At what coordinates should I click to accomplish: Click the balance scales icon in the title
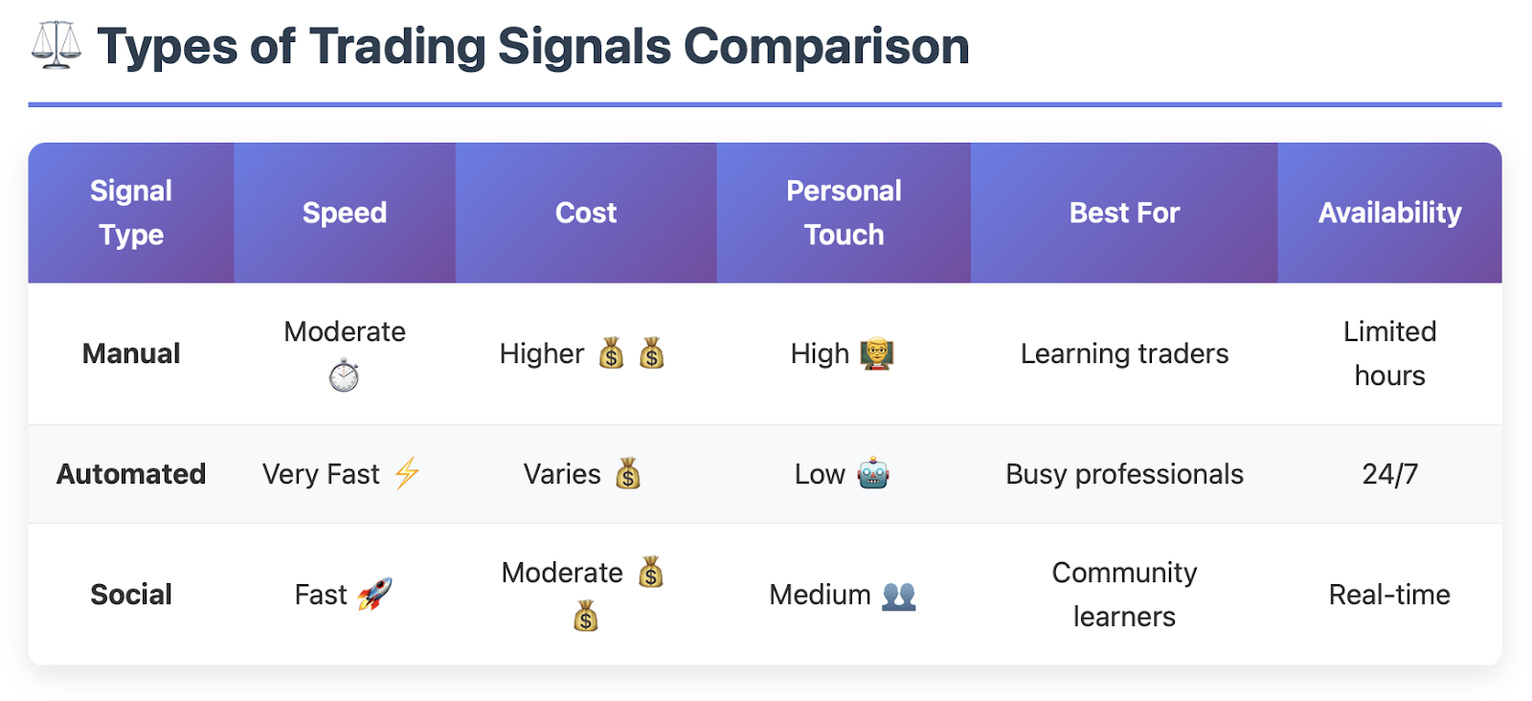(x=56, y=45)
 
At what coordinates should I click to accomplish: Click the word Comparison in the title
(x=826, y=47)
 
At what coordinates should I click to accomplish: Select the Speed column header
(x=345, y=213)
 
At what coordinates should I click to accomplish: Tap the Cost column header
(x=586, y=213)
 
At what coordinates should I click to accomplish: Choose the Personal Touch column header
(x=844, y=213)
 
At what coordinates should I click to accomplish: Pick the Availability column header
(x=1389, y=213)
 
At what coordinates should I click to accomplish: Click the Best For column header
(x=1124, y=213)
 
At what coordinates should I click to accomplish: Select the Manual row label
(x=131, y=353)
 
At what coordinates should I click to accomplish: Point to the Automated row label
(x=131, y=474)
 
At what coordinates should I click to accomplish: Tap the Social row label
(x=131, y=595)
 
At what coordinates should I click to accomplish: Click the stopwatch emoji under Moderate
(x=344, y=375)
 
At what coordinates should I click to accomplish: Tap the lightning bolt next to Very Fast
(x=407, y=473)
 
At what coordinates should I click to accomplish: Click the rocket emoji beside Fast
(x=374, y=594)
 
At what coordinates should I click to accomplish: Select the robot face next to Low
(x=874, y=473)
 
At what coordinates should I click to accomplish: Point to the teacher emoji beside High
(x=877, y=353)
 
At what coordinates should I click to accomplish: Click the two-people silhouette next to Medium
(x=899, y=595)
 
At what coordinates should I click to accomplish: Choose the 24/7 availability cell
(x=1389, y=474)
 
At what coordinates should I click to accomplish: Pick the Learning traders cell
(x=1124, y=353)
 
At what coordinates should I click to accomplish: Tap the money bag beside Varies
(x=628, y=473)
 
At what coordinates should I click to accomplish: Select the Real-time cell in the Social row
(x=1389, y=595)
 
